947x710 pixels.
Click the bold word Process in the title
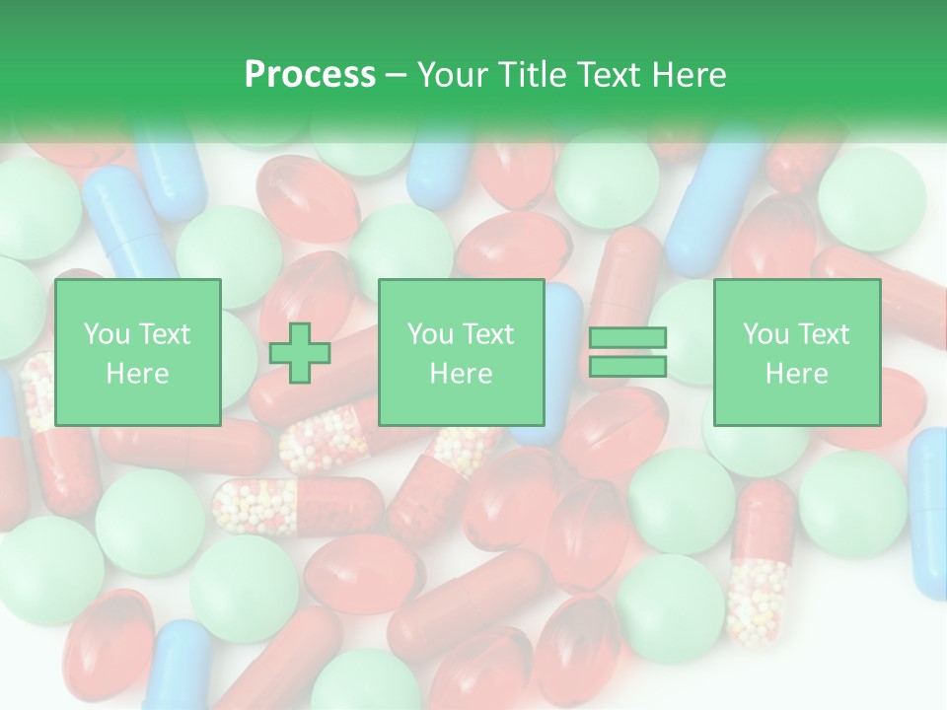coord(310,75)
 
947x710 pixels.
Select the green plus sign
coord(300,353)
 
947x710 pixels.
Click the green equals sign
coord(628,353)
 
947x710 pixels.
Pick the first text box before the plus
coord(137,353)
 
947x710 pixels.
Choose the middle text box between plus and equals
coord(461,353)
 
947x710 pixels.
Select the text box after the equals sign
coord(796,353)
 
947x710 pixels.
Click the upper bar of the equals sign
coord(628,338)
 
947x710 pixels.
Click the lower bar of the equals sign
coord(628,367)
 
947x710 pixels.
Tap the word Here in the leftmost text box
coord(137,374)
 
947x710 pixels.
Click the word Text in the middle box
coord(489,334)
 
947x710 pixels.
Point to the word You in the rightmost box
coord(765,334)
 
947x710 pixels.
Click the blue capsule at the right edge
coord(929,513)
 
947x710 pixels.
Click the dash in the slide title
coord(396,75)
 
